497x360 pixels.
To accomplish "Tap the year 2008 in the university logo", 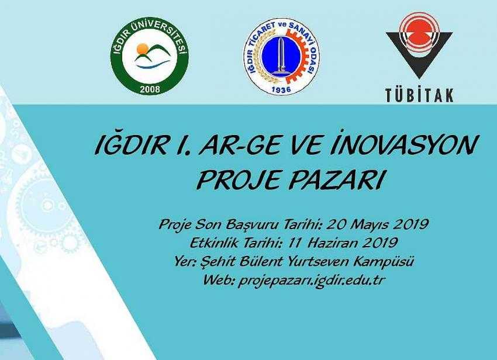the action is (150, 89).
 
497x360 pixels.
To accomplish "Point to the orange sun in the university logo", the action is (143, 49).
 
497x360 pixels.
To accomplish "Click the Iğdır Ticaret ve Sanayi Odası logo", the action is (281, 59).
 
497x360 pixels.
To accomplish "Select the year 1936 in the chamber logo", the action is (281, 90).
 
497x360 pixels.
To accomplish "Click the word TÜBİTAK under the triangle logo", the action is (419, 95).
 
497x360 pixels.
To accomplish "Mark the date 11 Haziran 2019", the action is (343, 243).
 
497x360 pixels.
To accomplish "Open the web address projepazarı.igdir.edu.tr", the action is (311, 280).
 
